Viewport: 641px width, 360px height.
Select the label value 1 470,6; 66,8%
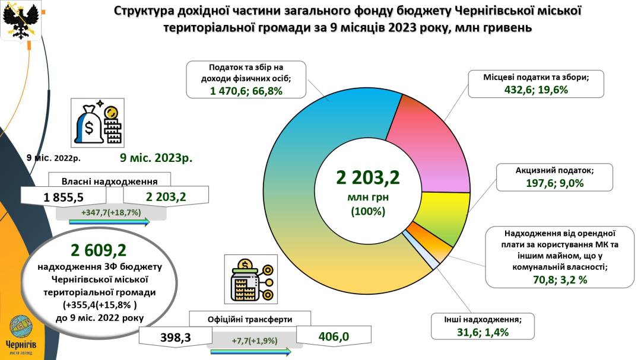(246, 91)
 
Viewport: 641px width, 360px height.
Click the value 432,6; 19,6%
(535, 90)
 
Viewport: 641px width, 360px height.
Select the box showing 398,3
(175, 337)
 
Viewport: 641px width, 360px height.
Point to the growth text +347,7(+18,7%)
(111, 212)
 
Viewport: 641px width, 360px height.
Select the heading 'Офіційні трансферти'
(250, 319)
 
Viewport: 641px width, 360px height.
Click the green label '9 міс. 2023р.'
(157, 158)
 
